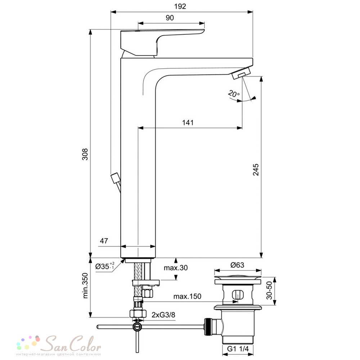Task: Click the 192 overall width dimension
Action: [180, 6]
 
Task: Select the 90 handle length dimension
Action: [170, 18]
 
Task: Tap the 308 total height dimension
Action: [85, 154]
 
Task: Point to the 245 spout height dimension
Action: [256, 170]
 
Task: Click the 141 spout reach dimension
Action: [188, 122]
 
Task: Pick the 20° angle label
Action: [234, 94]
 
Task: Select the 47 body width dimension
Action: [104, 241]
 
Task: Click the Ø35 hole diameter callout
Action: [105, 266]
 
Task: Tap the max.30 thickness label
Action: [176, 268]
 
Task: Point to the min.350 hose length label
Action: [85, 285]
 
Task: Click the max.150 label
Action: [187, 296]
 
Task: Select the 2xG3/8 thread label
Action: [163, 315]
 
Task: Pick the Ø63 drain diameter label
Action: [237, 265]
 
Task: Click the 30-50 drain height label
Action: [269, 291]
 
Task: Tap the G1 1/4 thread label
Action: [238, 349]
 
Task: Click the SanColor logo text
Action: [73, 344]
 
